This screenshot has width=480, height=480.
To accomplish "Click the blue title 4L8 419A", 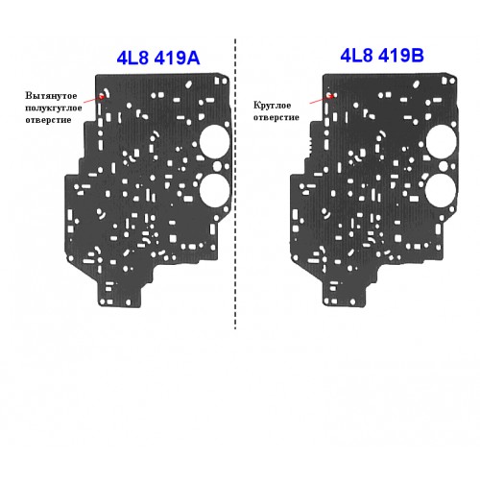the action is tap(158, 58).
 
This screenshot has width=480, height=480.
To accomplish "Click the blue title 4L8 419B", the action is tap(382, 55).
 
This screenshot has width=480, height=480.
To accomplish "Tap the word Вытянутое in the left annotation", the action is tap(51, 96).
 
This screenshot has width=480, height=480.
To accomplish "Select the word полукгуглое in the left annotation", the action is tap(54, 108).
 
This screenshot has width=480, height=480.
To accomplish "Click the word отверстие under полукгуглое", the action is tap(48, 120).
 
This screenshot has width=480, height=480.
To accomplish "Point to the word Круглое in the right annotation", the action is tap(272, 106).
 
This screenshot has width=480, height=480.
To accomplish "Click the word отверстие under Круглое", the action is tap(276, 117).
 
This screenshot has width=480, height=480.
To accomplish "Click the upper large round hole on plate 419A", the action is tap(214, 142).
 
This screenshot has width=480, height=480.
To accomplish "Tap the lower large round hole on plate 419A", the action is tap(214, 191).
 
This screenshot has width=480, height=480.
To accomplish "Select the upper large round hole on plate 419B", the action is tap(442, 142).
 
